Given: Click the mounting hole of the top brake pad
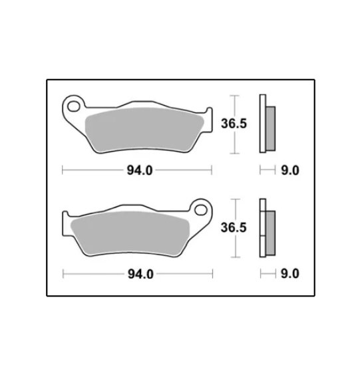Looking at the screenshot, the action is pos(73,106).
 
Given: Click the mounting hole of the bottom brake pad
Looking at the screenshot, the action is pos(201,210).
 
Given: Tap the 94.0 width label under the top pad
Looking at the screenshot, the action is pos(140,170).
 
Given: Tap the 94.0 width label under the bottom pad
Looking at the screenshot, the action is pos(140,274).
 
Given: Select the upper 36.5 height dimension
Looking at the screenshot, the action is pos(234,124).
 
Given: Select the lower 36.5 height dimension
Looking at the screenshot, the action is pos(234,227).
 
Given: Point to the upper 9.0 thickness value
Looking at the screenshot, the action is pos(290,170).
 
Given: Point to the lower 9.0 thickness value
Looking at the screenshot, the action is pos(290,274).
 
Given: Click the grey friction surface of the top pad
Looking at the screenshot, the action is pos(144,130).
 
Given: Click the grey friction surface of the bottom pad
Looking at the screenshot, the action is pos(130,233).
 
